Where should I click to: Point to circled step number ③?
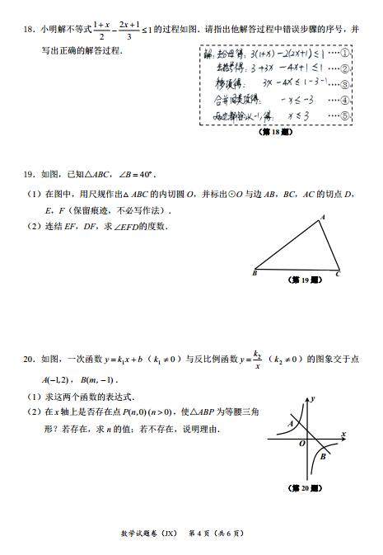[346, 84]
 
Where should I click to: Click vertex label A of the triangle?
[322, 217]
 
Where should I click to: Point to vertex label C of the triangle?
[338, 273]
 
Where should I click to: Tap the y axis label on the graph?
[315, 399]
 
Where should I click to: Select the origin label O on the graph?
[302, 444]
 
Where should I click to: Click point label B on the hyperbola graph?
[324, 456]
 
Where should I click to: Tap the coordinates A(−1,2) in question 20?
[59, 379]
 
